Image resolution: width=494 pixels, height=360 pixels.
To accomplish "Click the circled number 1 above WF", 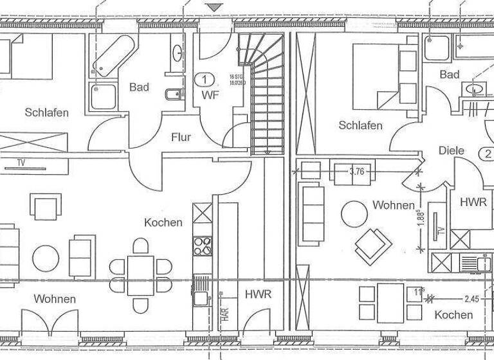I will (205, 80).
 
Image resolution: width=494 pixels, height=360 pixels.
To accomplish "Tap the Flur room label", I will (181, 137).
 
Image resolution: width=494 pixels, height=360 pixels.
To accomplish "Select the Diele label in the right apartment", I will (452, 150).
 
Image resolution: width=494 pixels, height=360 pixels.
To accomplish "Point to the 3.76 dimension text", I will (356, 172).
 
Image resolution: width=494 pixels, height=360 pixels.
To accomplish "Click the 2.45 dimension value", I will (473, 298).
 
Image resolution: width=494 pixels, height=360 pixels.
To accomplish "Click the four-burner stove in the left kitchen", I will (203, 245).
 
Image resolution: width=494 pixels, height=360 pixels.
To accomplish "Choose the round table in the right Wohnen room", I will (353, 213).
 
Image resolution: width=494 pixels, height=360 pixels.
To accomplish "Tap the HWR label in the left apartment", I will (258, 294).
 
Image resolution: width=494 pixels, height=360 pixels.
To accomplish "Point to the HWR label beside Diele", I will (473, 202).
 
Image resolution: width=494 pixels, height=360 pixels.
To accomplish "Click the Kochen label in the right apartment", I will (453, 314).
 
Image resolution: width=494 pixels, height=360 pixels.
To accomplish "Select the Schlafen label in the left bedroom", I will (46, 113).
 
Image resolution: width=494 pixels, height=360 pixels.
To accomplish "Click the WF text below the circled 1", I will (205, 95).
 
